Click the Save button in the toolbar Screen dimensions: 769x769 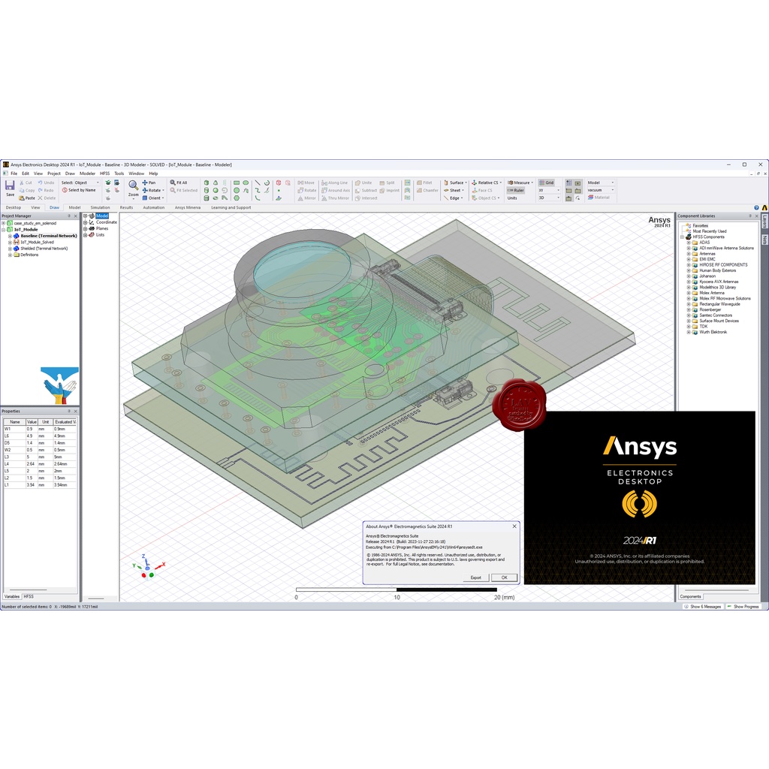click(x=10, y=188)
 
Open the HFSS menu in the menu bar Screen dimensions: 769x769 click(x=104, y=173)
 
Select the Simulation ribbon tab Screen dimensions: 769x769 click(x=100, y=207)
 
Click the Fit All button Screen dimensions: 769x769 click(x=179, y=182)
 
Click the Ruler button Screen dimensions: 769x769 click(x=516, y=190)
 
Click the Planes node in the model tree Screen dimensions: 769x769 click(x=101, y=228)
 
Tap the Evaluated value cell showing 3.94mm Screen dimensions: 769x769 click(x=65, y=485)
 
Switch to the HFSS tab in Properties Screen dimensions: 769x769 click(x=29, y=596)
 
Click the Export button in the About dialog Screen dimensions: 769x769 click(x=475, y=578)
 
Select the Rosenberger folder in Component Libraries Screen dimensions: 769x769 click(x=710, y=309)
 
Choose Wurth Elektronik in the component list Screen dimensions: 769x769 click(x=713, y=332)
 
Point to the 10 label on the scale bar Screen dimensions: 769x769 click(x=397, y=598)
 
